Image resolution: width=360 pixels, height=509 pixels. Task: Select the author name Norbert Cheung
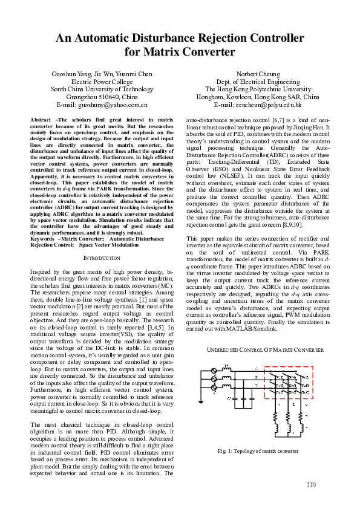pyautogui.click(x=261, y=74)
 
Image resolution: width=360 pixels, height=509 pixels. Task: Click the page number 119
pyautogui.click(x=311, y=485)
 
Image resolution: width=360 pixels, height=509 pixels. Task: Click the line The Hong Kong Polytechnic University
pyautogui.click(x=261, y=89)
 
